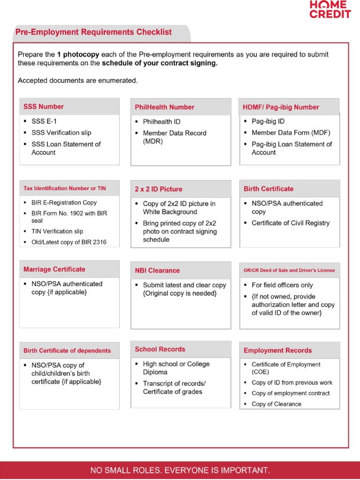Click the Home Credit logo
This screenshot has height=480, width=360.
[330, 9]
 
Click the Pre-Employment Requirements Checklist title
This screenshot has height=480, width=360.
[93, 32]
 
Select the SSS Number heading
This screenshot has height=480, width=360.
[44, 106]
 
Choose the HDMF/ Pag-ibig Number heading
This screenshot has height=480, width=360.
[281, 107]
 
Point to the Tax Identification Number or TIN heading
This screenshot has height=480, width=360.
[65, 188]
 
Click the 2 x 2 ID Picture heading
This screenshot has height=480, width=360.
[158, 189]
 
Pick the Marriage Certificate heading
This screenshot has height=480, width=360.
[54, 269]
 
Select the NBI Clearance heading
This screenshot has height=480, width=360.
[157, 270]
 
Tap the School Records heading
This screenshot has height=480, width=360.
[160, 349]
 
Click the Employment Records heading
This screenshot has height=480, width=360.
[277, 350]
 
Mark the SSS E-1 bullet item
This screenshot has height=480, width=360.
[44, 121]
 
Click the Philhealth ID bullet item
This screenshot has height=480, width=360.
[161, 121]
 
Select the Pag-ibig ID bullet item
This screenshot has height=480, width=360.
[268, 121]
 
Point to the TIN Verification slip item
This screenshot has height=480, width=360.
[58, 231]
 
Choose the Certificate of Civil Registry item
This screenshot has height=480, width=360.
[291, 223]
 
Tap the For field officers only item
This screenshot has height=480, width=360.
[282, 285]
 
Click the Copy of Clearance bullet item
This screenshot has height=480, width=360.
[277, 404]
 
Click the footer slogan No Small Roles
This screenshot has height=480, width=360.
[180, 470]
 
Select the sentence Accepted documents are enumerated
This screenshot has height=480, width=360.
[78, 81]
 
